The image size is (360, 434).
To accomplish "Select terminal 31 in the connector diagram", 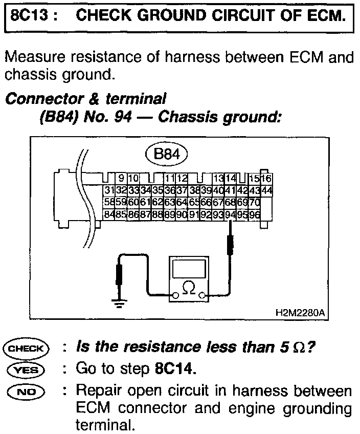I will pyautogui.click(x=108, y=191).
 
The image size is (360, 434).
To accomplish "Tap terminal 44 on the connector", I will pyautogui.click(x=266, y=191).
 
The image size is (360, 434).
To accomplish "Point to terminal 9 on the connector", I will pyautogui.click(x=121, y=179).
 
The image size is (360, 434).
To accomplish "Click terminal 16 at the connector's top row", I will pyautogui.click(x=266, y=179).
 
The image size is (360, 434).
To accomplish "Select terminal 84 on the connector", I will pyautogui.click(x=108, y=213).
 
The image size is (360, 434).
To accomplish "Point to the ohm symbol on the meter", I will pyautogui.click(x=189, y=290).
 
